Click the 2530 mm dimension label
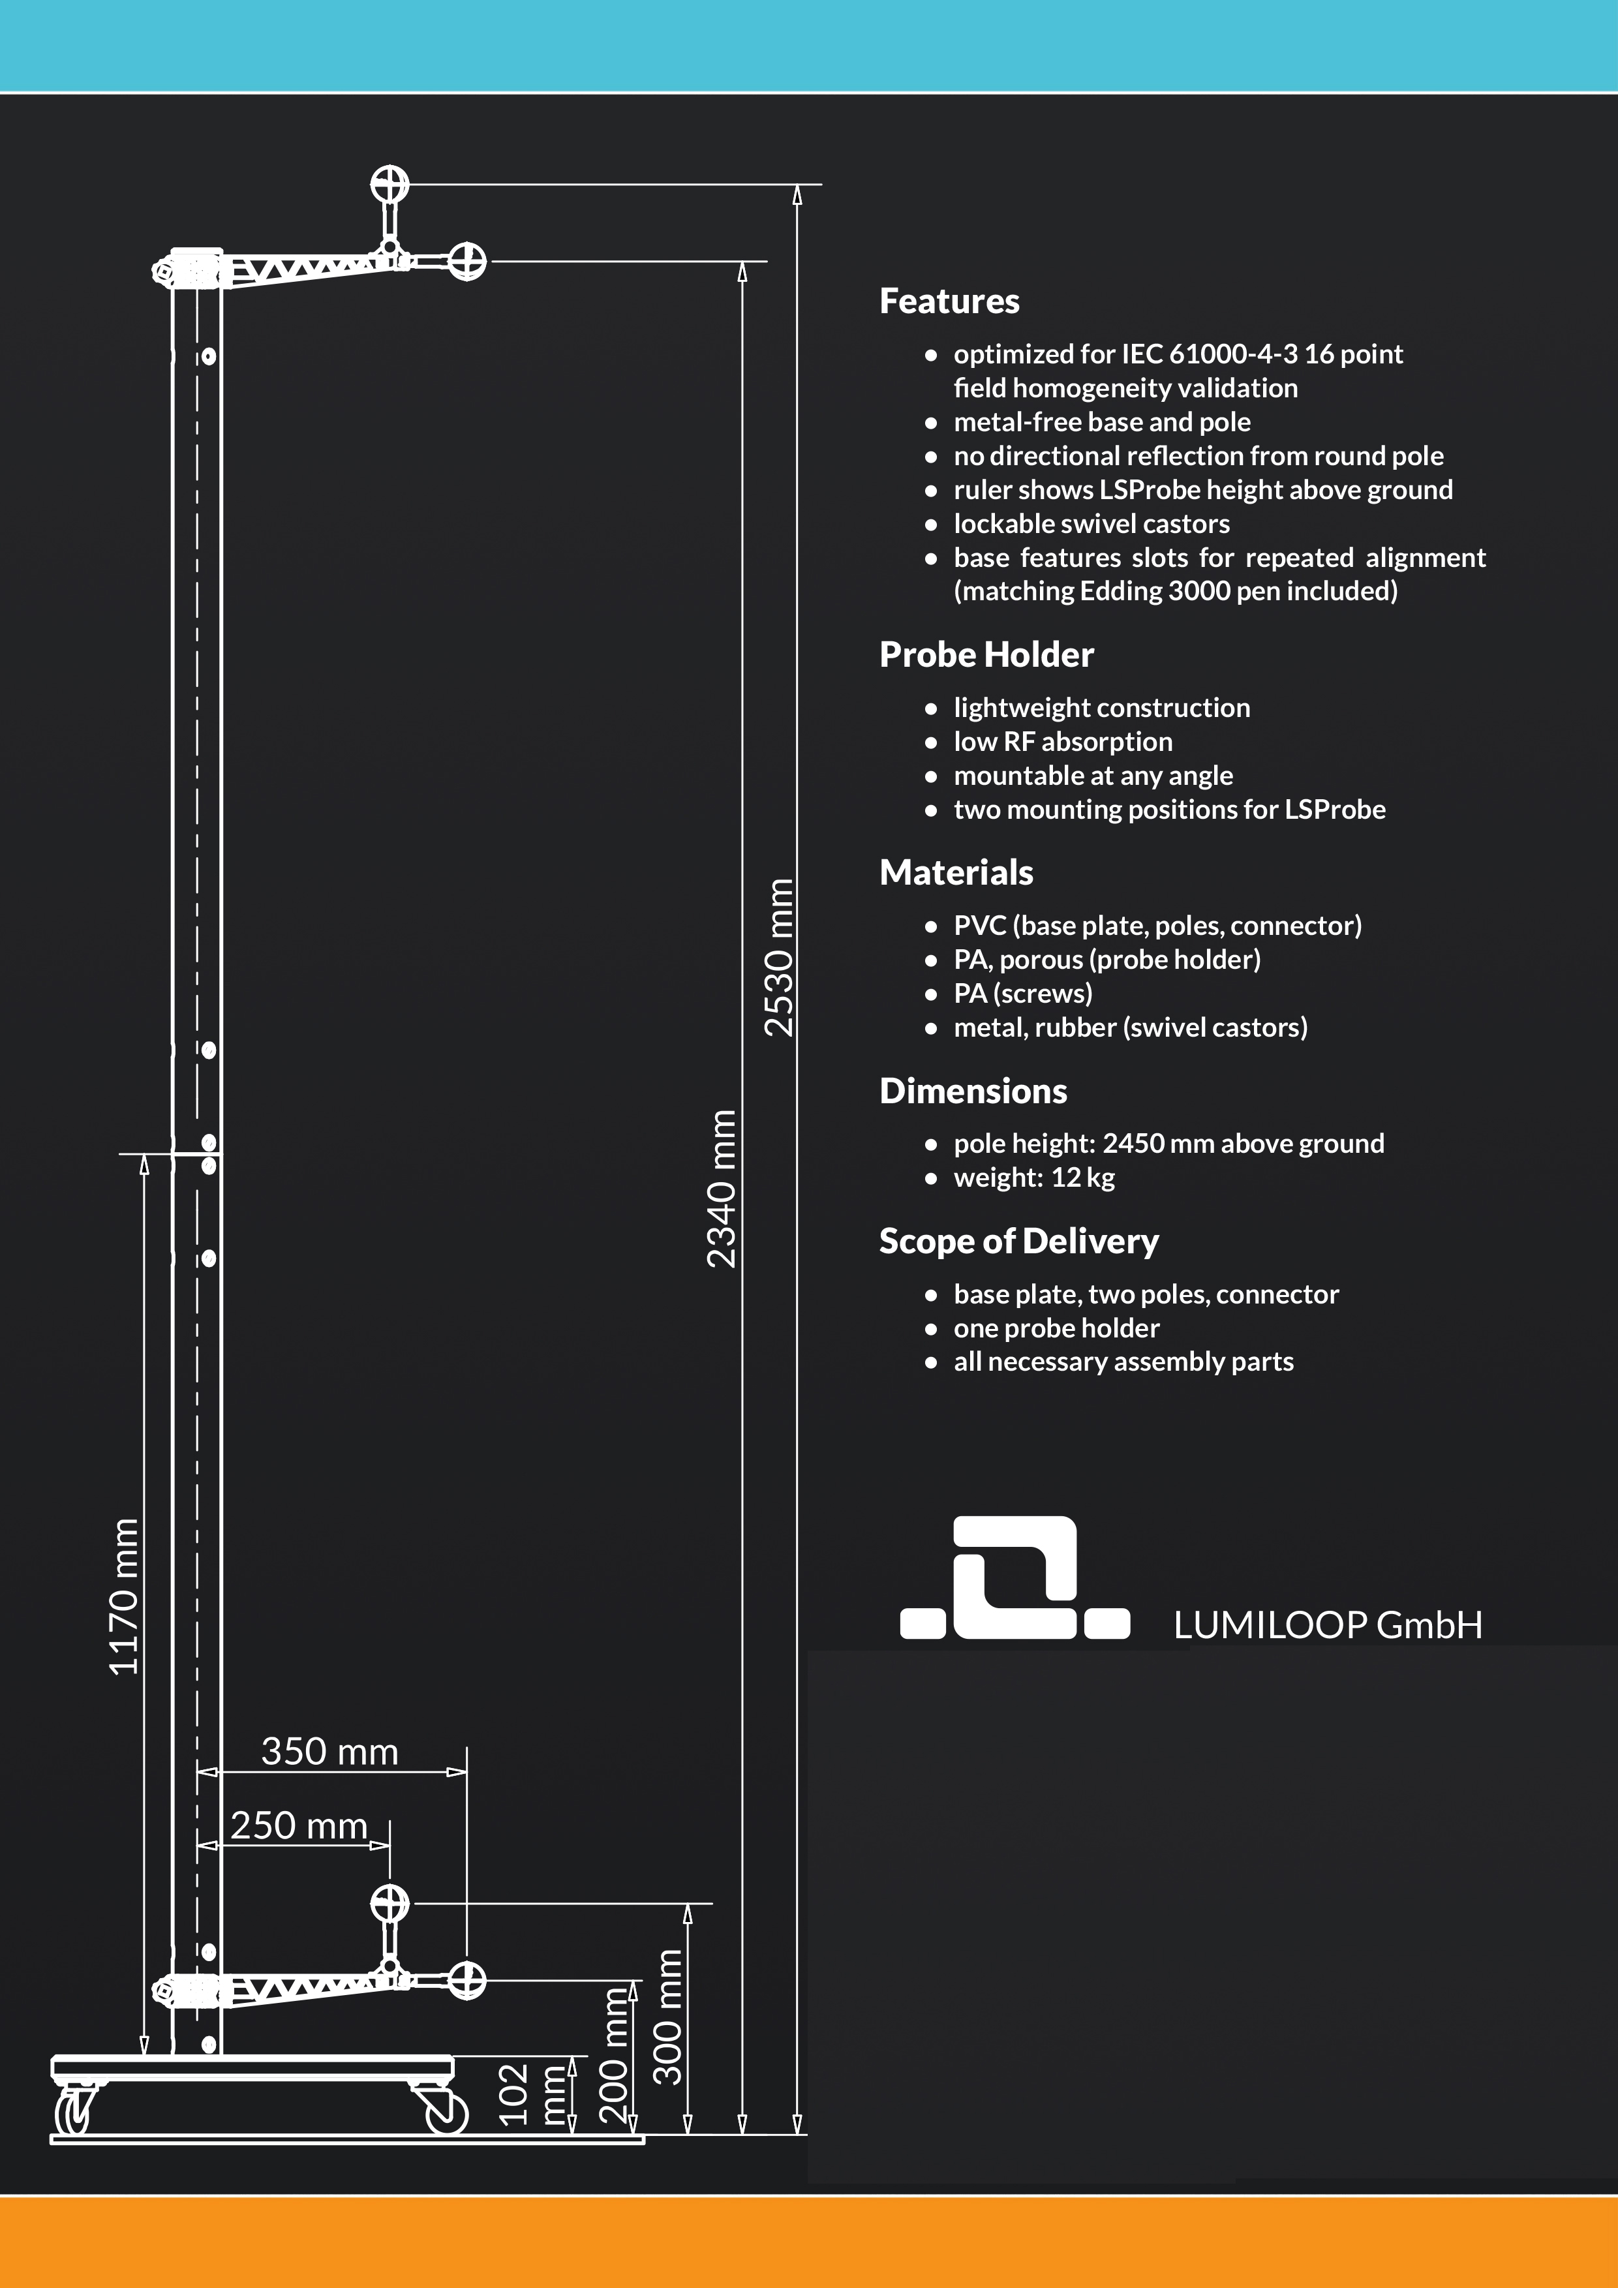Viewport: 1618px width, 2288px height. pos(778,956)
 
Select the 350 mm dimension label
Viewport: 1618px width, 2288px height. pos(329,1751)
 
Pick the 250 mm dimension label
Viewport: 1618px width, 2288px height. pos(299,1825)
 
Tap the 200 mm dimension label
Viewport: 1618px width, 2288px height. pos(614,2055)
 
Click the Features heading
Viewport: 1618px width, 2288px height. pos(949,301)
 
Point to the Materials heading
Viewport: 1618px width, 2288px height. pos(955,873)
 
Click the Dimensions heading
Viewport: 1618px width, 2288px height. pos(972,1091)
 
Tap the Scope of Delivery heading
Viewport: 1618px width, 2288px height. pos(1018,1242)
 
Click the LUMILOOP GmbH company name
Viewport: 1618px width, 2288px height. pos(1327,1624)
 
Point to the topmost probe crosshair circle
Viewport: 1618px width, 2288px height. pos(389,185)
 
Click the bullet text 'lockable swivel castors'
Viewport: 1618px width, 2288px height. pos(1091,523)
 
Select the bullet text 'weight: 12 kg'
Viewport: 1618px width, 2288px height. pos(1033,1177)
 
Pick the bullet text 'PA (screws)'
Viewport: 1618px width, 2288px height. pos(1022,994)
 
